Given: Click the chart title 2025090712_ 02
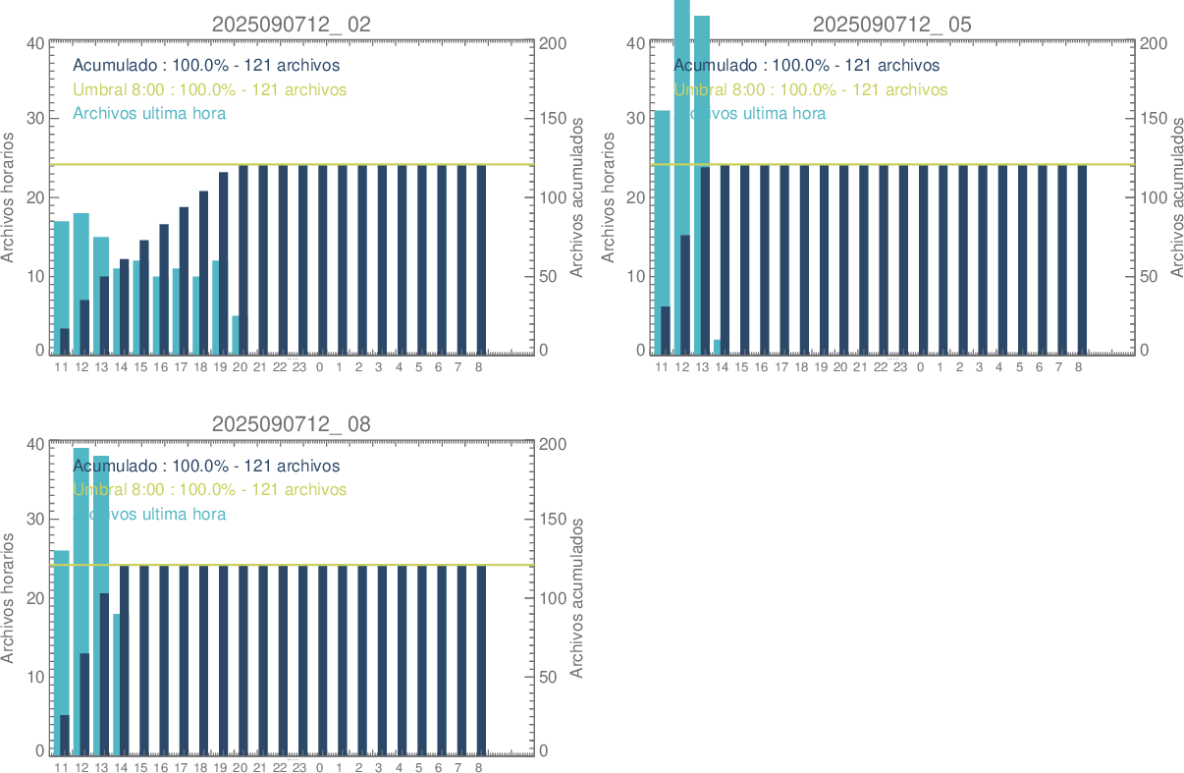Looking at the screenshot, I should coord(292,25).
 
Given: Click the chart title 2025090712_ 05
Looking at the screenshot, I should coord(891,25).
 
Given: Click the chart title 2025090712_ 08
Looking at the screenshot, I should coord(292,424).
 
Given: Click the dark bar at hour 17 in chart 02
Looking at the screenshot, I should coord(184,280).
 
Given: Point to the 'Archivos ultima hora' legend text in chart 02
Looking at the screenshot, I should coord(149,113).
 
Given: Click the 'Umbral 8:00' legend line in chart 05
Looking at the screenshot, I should coord(811,89).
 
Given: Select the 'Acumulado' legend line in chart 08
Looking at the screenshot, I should coord(206,466).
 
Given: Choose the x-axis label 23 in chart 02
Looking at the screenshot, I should coord(299,367).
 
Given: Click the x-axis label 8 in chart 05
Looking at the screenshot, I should coord(1078,367).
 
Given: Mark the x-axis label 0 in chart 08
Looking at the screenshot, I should coord(319,767).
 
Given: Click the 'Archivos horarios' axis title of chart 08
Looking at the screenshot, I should coord(9,597).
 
